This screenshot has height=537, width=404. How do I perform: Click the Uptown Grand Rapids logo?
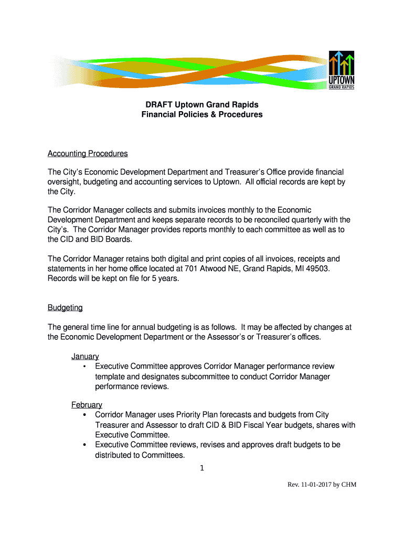coord(342,70)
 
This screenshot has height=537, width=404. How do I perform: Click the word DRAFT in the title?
coord(159,104)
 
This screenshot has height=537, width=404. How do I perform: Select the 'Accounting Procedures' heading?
coord(88,154)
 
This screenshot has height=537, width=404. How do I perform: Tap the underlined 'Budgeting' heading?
coord(65,307)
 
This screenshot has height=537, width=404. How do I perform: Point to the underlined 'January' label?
coord(85,357)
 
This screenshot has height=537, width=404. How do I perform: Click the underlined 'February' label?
coord(87,405)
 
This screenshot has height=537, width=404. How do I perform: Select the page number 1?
coord(202,468)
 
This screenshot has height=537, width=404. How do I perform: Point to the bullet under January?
coord(84,367)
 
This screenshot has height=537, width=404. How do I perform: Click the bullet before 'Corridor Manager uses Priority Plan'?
coord(84,415)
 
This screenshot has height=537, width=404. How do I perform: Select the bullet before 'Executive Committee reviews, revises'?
coord(84,445)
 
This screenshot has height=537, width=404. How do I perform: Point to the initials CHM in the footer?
coord(348,485)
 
